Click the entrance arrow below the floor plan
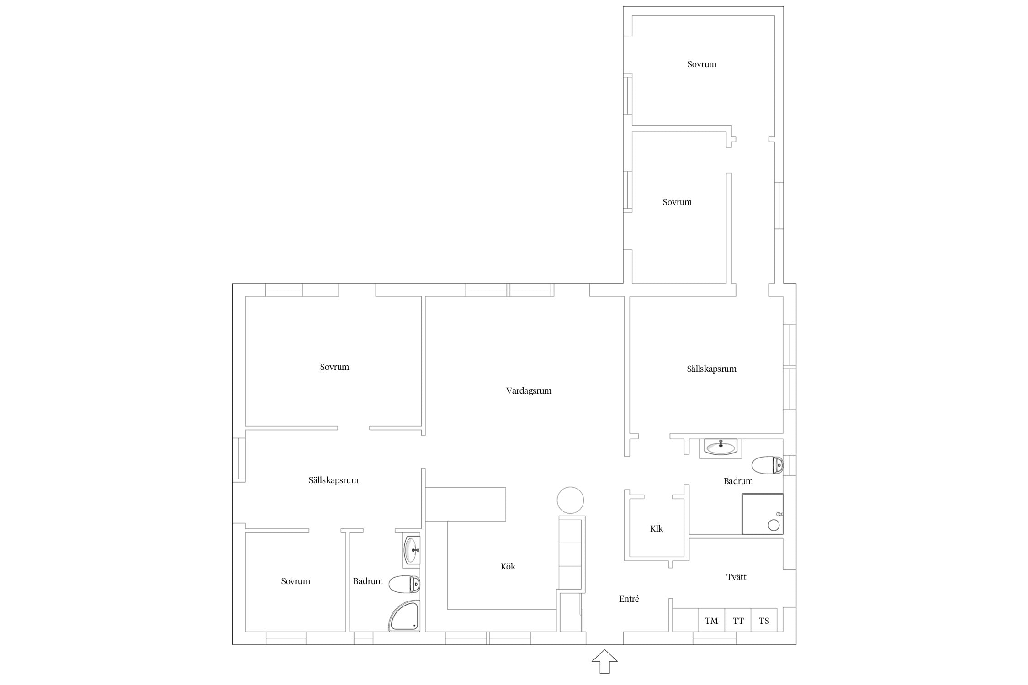tap(604, 662)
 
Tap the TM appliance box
tap(711, 620)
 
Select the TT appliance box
tap(738, 620)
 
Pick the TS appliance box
tap(764, 620)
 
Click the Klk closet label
tap(657, 528)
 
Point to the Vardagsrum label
tap(529, 391)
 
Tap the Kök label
tap(508, 566)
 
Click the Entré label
tap(629, 599)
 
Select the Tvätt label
tap(737, 577)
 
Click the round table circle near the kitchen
tap(570, 500)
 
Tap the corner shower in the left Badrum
tap(404, 616)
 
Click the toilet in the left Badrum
tap(404, 584)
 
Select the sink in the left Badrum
tap(412, 550)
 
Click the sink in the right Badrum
tap(721, 447)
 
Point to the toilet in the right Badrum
tap(768, 465)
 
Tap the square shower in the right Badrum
tap(763, 514)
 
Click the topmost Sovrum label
tap(702, 64)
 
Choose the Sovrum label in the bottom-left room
tap(296, 581)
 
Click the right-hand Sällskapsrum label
tap(712, 369)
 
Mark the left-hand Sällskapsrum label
tap(334, 480)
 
